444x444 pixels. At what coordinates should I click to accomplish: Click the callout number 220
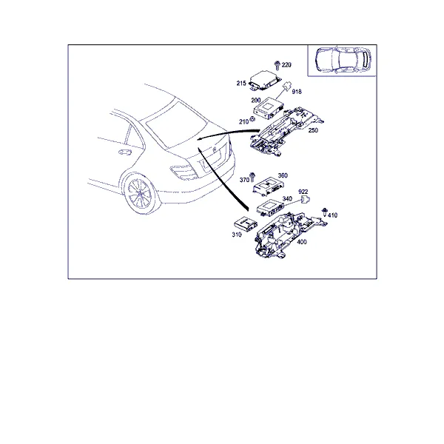point(286,65)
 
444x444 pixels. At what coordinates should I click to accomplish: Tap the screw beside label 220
point(277,66)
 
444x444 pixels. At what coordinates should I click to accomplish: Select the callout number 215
point(241,83)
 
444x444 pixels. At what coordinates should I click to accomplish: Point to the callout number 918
point(297,92)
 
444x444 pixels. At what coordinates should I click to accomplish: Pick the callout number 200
point(256,100)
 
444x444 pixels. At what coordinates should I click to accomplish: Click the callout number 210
point(243,122)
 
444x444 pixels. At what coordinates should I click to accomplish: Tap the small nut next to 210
point(252,119)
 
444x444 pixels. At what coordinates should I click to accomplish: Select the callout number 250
point(313,130)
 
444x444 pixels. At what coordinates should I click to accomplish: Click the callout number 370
point(244,180)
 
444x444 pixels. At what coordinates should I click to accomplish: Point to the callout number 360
point(283,175)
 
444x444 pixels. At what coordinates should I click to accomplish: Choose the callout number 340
point(287,198)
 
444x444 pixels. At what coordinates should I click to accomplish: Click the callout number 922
point(303,192)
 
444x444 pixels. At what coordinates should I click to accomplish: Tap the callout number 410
point(332,215)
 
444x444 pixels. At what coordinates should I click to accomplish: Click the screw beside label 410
point(325,212)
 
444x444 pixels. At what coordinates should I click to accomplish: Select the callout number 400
point(302,242)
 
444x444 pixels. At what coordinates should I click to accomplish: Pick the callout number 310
point(237,235)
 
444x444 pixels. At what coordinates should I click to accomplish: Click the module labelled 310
point(246,223)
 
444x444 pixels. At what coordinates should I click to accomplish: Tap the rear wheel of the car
point(140,194)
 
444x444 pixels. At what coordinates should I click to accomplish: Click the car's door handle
point(125,152)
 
